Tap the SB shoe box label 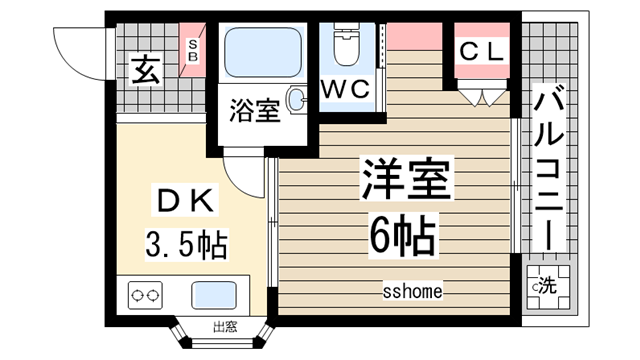tap(194, 51)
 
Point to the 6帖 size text tap(398, 236)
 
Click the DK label tap(184, 201)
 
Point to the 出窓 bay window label tap(224, 326)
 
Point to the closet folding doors tap(481, 97)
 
